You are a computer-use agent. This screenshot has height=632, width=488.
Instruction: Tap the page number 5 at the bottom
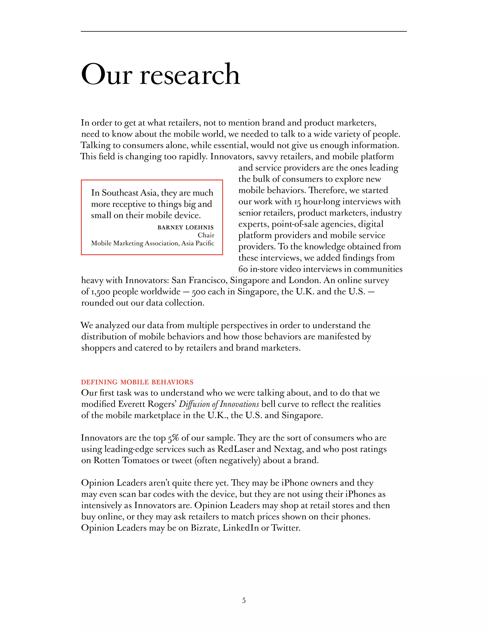244,601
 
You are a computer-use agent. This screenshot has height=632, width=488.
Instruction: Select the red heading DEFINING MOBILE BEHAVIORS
137,382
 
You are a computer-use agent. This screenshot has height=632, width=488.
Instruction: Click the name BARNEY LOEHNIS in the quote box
185,228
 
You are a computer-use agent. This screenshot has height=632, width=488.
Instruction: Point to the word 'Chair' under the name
206,235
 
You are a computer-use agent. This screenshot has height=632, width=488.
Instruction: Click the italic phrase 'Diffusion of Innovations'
219,404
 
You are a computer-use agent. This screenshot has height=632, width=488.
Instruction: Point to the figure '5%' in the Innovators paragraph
173,438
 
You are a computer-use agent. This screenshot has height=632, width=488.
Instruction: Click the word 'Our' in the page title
106,75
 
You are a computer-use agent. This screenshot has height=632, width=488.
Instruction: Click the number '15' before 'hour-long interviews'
297,202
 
